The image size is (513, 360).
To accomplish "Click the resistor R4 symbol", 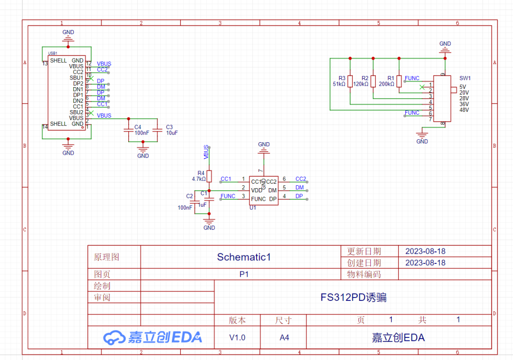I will pos(209,176).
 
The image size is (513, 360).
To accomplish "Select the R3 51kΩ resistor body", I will pos(350,81).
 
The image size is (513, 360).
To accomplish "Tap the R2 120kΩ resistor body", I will pos(374,81).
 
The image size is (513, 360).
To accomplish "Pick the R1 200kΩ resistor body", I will pos(399,81).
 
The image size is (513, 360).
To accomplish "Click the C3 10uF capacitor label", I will pos(172,130).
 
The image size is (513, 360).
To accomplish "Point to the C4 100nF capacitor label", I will pos(141,130).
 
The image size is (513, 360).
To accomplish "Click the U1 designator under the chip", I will pos(253,207).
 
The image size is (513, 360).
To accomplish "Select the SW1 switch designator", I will pos(465,79).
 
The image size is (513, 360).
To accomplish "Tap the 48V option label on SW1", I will pos(464,110).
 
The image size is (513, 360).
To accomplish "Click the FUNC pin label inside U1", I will pos(259,199).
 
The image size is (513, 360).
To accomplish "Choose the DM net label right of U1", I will pos(300,187).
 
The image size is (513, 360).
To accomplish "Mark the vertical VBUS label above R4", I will pos(206,151).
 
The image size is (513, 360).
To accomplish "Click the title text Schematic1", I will pos(243,257).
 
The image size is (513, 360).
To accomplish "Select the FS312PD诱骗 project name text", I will pos(353,297).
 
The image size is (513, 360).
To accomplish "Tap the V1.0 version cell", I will pos(237,337).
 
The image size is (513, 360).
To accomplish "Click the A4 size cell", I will pos(284,337).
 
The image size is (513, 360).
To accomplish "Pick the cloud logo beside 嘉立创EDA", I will pos(114,337).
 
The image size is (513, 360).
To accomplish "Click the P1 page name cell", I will pos(243,274).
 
